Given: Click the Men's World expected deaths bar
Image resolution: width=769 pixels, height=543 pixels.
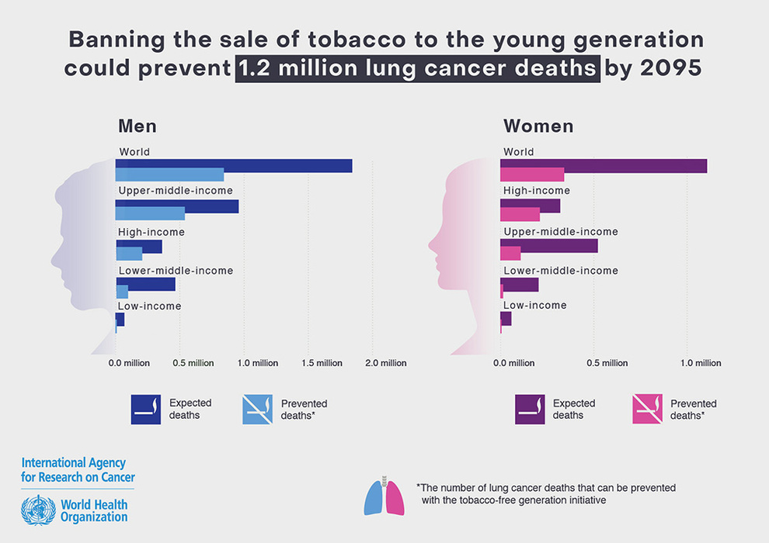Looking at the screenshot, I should tap(233, 165).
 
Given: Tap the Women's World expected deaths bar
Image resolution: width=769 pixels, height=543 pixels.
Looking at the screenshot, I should tap(603, 165).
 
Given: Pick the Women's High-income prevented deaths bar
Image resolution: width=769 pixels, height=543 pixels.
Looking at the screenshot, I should tap(520, 214).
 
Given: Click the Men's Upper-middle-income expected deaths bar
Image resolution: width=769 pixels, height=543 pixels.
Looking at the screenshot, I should tap(176, 206).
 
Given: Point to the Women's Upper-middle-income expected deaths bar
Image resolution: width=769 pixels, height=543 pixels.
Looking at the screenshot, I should tap(548, 246).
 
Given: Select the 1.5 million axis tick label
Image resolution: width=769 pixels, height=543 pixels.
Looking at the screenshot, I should tap(322, 363).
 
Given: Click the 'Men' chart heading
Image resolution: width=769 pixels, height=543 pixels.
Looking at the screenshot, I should tap(137, 126).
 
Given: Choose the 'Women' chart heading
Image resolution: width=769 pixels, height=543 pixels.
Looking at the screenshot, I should tap(538, 126).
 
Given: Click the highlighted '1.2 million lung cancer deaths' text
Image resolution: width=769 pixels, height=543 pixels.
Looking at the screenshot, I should tap(416, 67).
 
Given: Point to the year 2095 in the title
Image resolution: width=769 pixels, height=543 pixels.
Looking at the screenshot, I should tap(671, 67).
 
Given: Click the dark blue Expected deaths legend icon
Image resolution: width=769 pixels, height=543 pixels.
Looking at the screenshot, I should tap(146, 409).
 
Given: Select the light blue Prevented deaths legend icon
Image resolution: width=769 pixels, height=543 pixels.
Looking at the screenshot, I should tap(258, 409).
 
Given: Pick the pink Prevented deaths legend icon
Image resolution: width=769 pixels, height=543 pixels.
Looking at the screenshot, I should tap(647, 409).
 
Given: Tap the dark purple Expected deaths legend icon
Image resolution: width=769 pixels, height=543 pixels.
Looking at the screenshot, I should tap(530, 409).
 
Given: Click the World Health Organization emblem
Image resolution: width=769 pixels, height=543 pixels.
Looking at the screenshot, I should tap(36, 510).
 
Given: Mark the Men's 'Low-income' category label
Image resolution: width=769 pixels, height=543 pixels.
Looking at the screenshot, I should tap(149, 306).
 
